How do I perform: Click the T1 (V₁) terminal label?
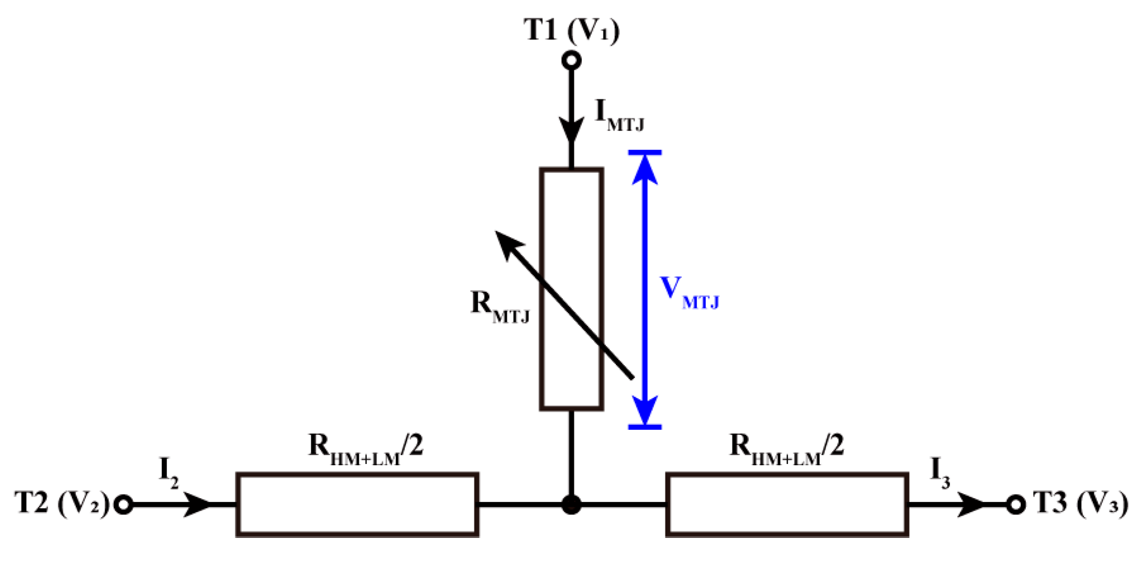(572, 29)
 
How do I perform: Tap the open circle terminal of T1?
(572, 61)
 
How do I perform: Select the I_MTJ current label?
(619, 115)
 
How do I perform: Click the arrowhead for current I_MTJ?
(572, 130)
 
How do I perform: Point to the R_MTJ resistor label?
(499, 306)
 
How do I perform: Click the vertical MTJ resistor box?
(572, 289)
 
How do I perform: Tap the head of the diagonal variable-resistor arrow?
(506, 242)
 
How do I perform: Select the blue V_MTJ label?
(689, 292)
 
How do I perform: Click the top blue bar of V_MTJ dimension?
(645, 153)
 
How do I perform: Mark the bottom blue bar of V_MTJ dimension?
(645, 427)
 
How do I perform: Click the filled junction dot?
(572, 504)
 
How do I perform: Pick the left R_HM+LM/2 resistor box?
(357, 504)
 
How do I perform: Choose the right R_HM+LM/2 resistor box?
(787, 504)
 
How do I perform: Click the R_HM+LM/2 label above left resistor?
(366, 449)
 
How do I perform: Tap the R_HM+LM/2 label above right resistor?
(786, 449)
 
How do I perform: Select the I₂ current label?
(168, 472)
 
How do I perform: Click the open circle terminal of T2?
(124, 505)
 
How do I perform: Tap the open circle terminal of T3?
(1016, 505)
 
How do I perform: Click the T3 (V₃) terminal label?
(1080, 504)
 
